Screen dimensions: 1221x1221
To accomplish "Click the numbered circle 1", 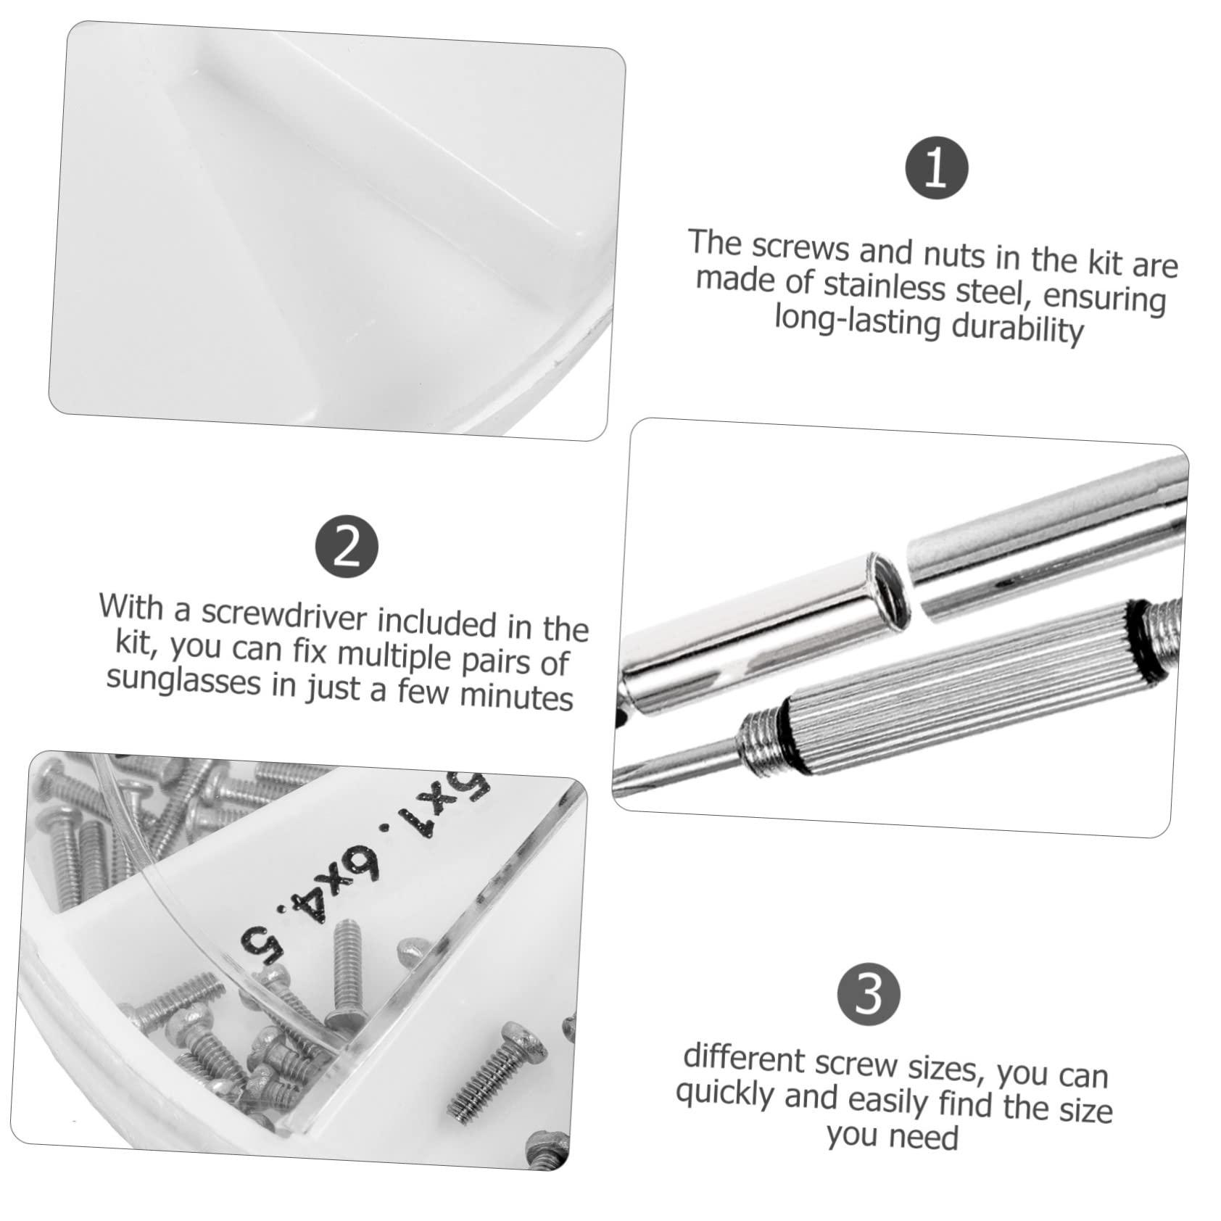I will [936, 168].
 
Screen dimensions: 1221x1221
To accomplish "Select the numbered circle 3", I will [868, 994].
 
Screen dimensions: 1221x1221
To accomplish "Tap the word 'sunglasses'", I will [183, 680].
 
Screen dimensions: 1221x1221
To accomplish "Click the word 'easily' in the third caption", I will [887, 1101].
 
